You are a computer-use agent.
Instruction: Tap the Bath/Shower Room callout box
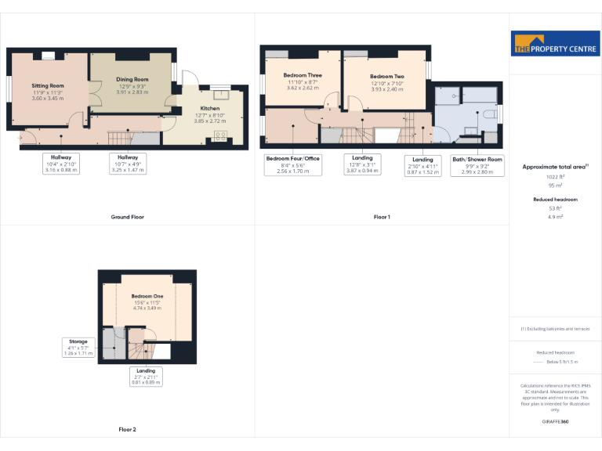(x=477, y=165)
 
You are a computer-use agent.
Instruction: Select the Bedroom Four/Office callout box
(x=294, y=164)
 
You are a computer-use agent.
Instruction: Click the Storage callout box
(x=78, y=348)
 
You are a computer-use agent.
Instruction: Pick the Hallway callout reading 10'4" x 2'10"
(x=62, y=163)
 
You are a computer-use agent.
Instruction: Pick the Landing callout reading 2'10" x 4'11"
(x=422, y=165)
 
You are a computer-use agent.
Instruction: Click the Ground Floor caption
(x=127, y=217)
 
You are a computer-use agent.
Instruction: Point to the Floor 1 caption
(x=382, y=217)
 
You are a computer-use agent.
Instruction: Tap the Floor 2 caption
(x=127, y=430)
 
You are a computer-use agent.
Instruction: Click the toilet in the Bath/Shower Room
(x=489, y=114)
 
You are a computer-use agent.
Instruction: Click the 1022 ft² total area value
(x=556, y=177)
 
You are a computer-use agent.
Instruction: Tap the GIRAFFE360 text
(x=556, y=422)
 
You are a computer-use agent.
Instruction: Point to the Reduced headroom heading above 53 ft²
(x=556, y=200)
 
